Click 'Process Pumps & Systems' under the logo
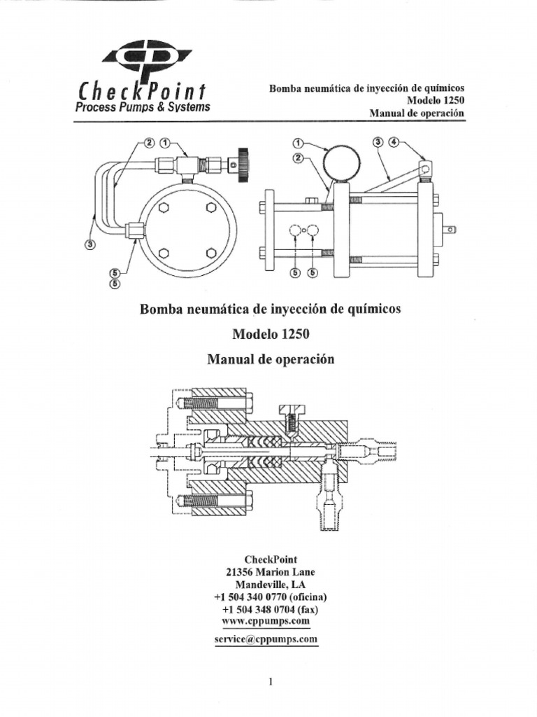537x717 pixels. tap(143, 107)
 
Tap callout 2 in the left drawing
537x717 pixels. tap(149, 142)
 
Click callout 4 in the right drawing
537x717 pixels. tap(394, 142)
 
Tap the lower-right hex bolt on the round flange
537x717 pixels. tap(212, 253)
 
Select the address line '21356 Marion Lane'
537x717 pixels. tap(270, 571)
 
